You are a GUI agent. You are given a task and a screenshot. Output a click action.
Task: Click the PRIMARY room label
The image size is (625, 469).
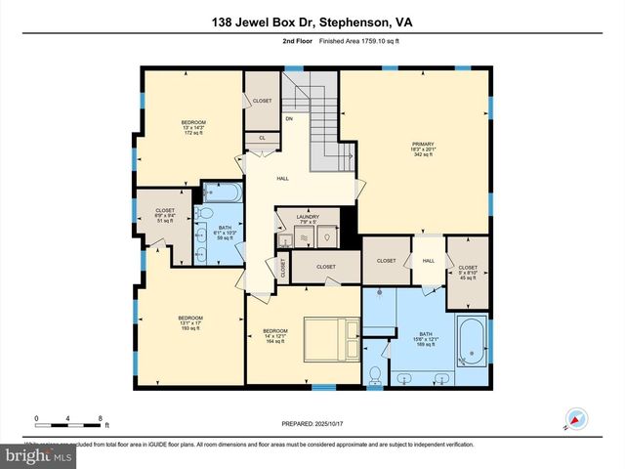pyautogui.click(x=421, y=148)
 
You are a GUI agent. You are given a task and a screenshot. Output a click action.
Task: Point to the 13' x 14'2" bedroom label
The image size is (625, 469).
pyautogui.click(x=193, y=127)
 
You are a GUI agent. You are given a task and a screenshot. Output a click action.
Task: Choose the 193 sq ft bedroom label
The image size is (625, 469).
pyautogui.click(x=189, y=323)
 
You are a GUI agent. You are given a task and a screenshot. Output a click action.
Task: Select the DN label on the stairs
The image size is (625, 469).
pyautogui.click(x=289, y=119)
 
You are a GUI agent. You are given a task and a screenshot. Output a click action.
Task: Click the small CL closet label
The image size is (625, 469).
pyautogui.click(x=262, y=139)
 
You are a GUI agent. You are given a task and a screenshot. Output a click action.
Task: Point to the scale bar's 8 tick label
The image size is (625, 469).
pyautogui.click(x=101, y=419)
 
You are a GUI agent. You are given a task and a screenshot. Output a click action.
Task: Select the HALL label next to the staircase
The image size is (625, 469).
pyautogui.click(x=283, y=179)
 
